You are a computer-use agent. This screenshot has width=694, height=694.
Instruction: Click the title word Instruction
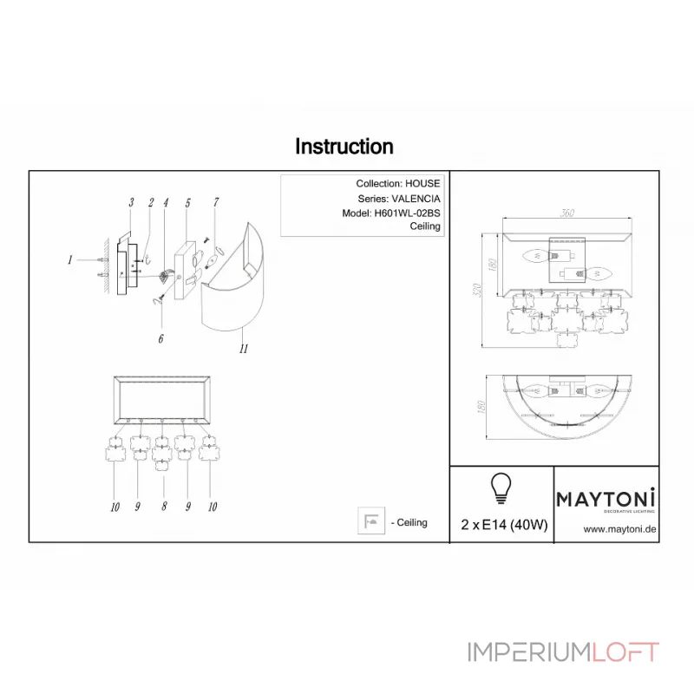tap(344, 147)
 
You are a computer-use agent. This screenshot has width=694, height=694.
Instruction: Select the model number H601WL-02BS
tap(407, 213)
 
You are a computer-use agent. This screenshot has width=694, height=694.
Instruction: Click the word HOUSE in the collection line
tap(422, 184)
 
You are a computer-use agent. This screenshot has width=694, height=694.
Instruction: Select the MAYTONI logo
tap(606, 499)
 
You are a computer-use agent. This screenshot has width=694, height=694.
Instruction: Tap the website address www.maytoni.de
tap(619, 528)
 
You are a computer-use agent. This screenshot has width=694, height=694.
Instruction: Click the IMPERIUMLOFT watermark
tap(564, 652)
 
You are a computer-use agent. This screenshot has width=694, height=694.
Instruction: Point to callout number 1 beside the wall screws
tap(69, 259)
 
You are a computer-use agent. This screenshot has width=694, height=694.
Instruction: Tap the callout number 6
tap(160, 339)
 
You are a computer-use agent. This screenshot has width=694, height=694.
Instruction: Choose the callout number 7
tap(215, 202)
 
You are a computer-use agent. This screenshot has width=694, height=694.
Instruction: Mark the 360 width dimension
tap(567, 214)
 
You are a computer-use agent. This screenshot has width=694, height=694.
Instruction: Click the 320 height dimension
tap(475, 290)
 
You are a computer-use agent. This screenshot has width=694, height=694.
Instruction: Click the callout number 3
tap(130, 202)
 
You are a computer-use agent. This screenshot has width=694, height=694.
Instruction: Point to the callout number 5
tap(187, 202)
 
